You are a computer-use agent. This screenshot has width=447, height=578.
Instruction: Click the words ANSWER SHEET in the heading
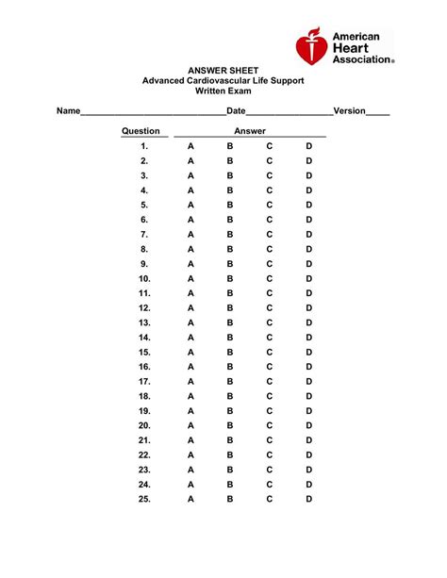[223, 70]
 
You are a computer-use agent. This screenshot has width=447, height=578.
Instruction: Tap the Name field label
[68, 110]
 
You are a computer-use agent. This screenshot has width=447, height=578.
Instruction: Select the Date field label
[236, 110]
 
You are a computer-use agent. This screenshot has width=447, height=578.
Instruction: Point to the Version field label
[348, 110]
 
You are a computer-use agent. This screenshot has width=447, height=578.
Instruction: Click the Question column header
[141, 131]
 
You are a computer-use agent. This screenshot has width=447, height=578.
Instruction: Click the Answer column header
[249, 131]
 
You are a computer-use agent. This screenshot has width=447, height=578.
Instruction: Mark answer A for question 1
[190, 147]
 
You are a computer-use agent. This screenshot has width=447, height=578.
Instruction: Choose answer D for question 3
[308, 176]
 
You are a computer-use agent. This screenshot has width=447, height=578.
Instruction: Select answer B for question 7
[229, 235]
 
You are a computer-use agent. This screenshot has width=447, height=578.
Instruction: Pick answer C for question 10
[269, 279]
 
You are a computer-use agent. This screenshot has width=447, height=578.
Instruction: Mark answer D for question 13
[308, 322]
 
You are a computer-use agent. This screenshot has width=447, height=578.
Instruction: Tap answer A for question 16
[190, 367]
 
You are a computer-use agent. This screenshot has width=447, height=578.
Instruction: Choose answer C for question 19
[269, 411]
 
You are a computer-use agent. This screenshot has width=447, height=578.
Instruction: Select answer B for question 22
[229, 454]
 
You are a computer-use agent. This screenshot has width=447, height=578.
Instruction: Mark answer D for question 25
[308, 499]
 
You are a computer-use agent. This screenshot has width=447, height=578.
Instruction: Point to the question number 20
[144, 425]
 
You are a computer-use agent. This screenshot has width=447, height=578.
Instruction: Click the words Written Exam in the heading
[223, 91]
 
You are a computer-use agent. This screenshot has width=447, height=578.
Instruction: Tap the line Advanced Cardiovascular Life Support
[223, 81]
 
